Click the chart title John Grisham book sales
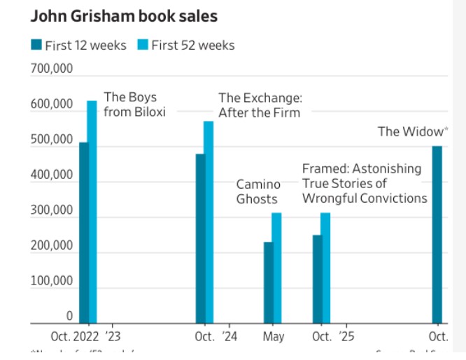[124, 16]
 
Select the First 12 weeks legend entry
[78, 45]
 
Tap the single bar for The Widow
[437, 234]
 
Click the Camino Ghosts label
[258, 192]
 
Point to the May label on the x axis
[274, 337]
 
